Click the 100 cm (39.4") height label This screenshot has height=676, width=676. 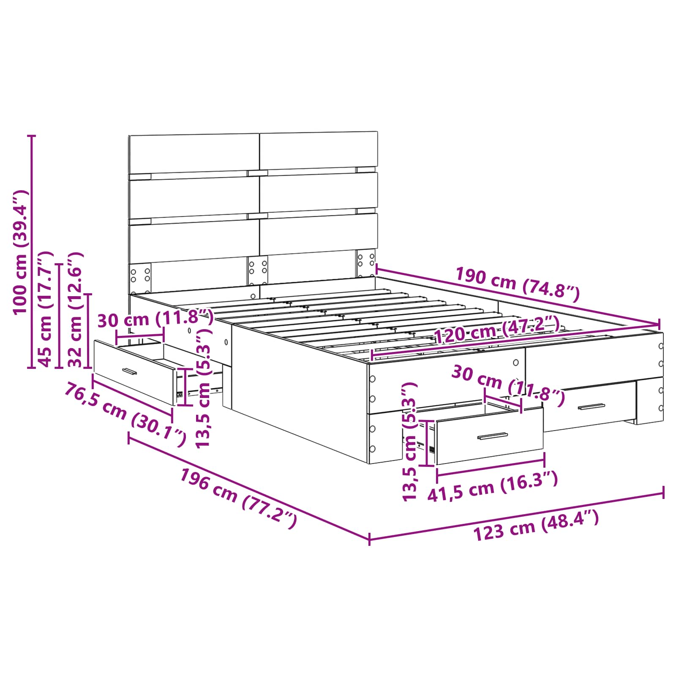[20, 252]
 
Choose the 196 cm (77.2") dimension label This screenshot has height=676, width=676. [239, 499]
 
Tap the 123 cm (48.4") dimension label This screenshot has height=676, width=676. [536, 525]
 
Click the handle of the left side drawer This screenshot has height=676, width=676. [130, 371]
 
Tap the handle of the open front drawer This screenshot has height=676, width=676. [493, 436]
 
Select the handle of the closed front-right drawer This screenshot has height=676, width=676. [591, 406]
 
